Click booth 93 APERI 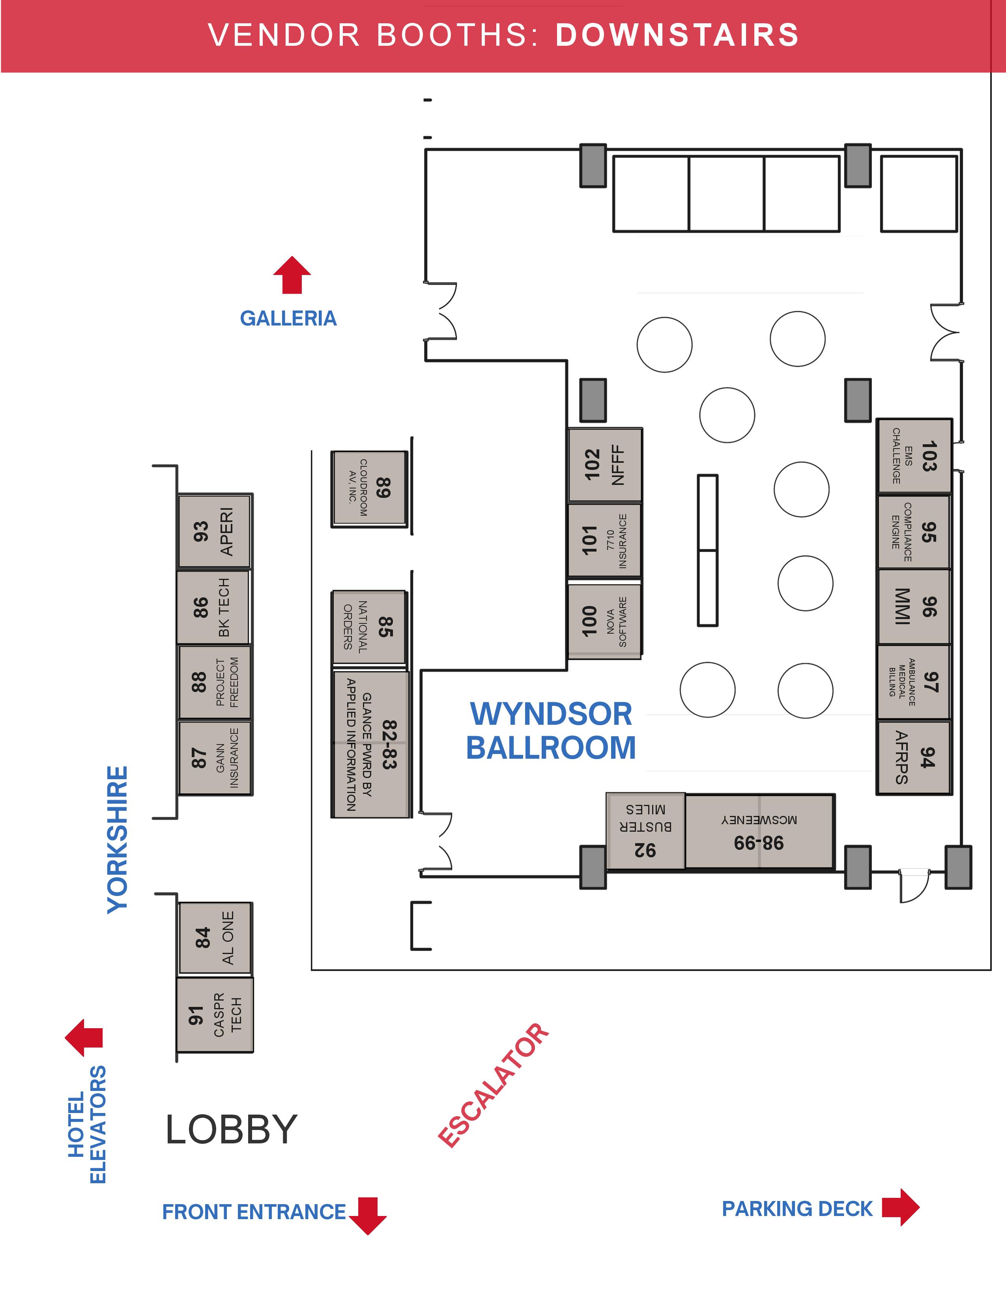tap(215, 531)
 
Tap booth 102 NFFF tap(605, 465)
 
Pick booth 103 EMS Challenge tap(914, 456)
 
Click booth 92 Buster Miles tap(645, 831)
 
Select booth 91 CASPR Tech tap(215, 1015)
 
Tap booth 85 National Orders tap(369, 627)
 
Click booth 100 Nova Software tap(604, 621)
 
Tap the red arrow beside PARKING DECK tap(901, 1207)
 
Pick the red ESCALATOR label tap(494, 1085)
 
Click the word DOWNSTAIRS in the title tap(677, 35)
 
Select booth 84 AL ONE tap(215, 938)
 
